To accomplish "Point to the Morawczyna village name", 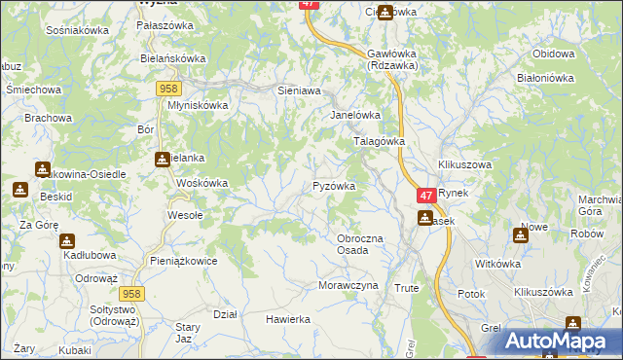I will (x=347, y=286).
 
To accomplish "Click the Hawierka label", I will (x=287, y=319).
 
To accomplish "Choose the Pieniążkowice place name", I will (x=184, y=261).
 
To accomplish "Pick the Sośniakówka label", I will (x=77, y=30).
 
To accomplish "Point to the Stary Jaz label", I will (x=189, y=332).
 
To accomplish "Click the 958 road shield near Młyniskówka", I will (x=165, y=89).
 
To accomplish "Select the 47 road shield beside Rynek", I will (x=425, y=196).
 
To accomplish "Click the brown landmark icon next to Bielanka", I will (x=162, y=160).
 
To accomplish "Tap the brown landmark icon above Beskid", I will (x=19, y=190).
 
